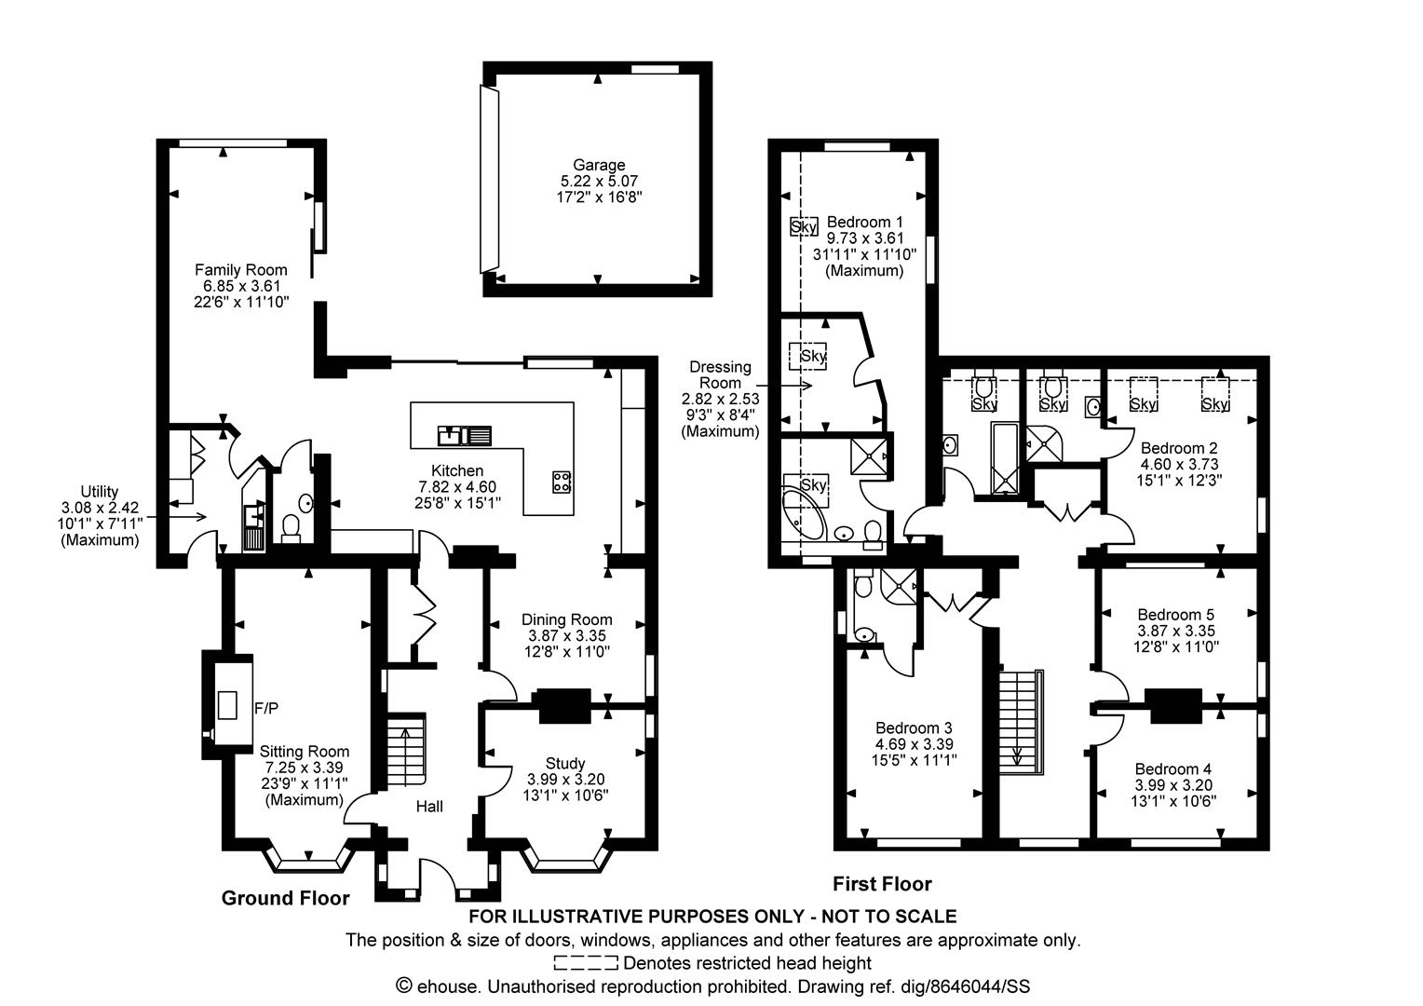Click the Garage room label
click(599, 165)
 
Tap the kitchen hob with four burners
click(562, 481)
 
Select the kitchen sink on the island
click(465, 436)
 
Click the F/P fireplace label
click(266, 708)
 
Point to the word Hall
click(429, 807)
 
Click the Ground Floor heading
click(285, 898)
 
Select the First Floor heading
click(882, 883)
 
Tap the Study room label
click(565, 763)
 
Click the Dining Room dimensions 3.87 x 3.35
click(566, 635)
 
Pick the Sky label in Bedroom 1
click(804, 226)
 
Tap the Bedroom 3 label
click(915, 727)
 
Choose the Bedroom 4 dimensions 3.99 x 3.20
click(1173, 785)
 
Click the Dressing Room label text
click(720, 375)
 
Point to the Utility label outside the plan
click(99, 491)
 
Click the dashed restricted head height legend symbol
click(586, 963)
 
